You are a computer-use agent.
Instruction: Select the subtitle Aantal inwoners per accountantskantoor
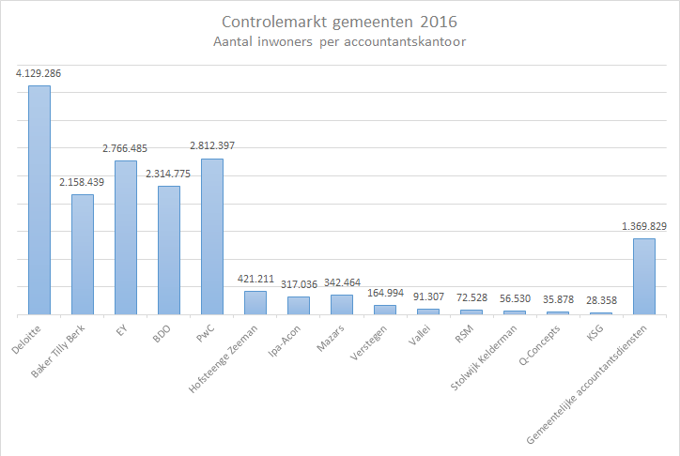(339, 41)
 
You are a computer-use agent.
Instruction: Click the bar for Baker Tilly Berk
(83, 254)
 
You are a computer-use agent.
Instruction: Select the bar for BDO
(169, 250)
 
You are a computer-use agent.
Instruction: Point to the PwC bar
(212, 236)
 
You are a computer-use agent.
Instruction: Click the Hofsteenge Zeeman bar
(255, 303)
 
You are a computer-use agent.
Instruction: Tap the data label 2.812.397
(212, 146)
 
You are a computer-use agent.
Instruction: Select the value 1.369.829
(644, 226)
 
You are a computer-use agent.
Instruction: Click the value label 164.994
(385, 293)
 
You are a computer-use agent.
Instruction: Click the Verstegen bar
(385, 310)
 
